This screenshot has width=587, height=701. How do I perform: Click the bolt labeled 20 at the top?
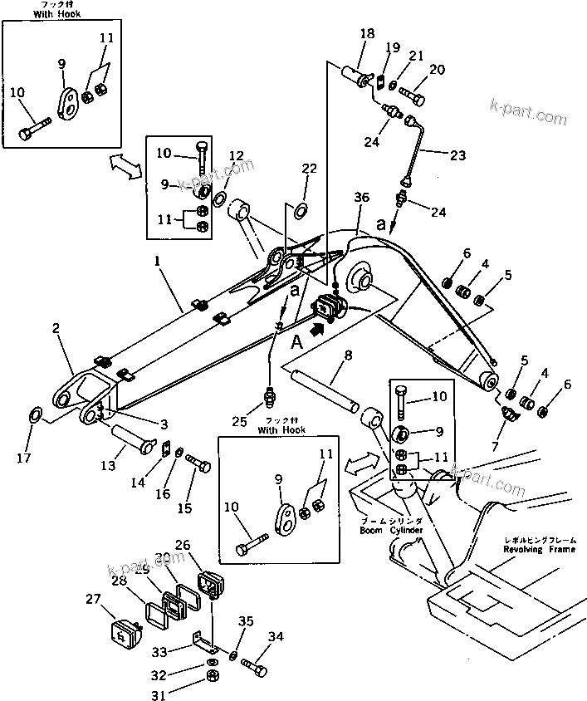click(412, 96)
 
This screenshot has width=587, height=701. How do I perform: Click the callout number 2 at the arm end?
click(56, 330)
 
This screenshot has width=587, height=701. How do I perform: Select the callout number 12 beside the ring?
click(236, 155)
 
